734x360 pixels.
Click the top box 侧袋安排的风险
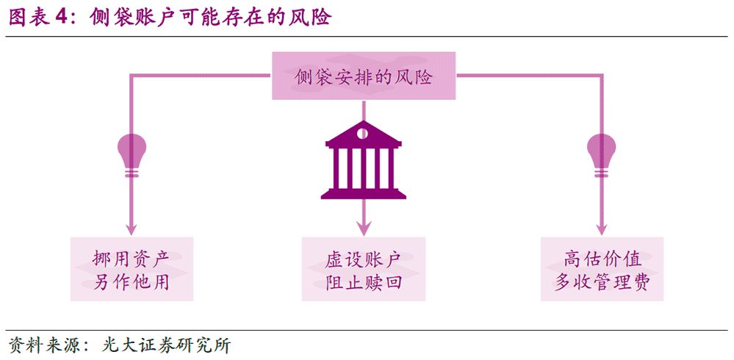click(363, 76)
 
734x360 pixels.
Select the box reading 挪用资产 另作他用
click(132, 269)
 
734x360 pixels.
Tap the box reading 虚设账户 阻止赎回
click(364, 269)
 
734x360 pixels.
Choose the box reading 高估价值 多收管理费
click(602, 269)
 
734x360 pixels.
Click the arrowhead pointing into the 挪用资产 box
click(132, 229)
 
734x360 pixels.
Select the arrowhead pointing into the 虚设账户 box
click(364, 229)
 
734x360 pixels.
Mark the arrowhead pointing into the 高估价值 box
click(601, 229)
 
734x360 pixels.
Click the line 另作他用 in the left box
click(132, 282)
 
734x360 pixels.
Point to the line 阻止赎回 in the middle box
click(364, 282)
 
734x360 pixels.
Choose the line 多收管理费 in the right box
click(602, 282)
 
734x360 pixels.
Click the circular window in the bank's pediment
click(362, 133)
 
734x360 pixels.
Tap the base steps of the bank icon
click(363, 193)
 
